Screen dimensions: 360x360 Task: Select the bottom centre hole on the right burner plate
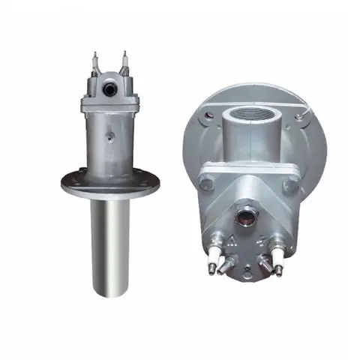[x=246, y=273]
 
